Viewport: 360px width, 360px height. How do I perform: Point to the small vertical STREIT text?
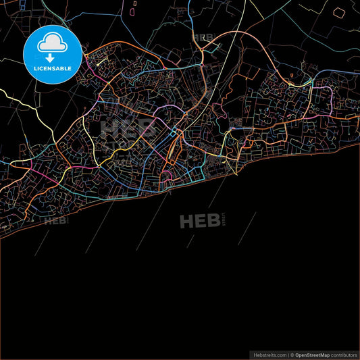(224, 221)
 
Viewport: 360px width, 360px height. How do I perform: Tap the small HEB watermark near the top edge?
(202, 37)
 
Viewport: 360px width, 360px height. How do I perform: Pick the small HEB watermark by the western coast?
(56, 220)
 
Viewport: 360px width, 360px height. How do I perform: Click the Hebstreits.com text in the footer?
(269, 355)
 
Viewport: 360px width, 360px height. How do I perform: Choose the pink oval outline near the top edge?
(134, 4)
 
